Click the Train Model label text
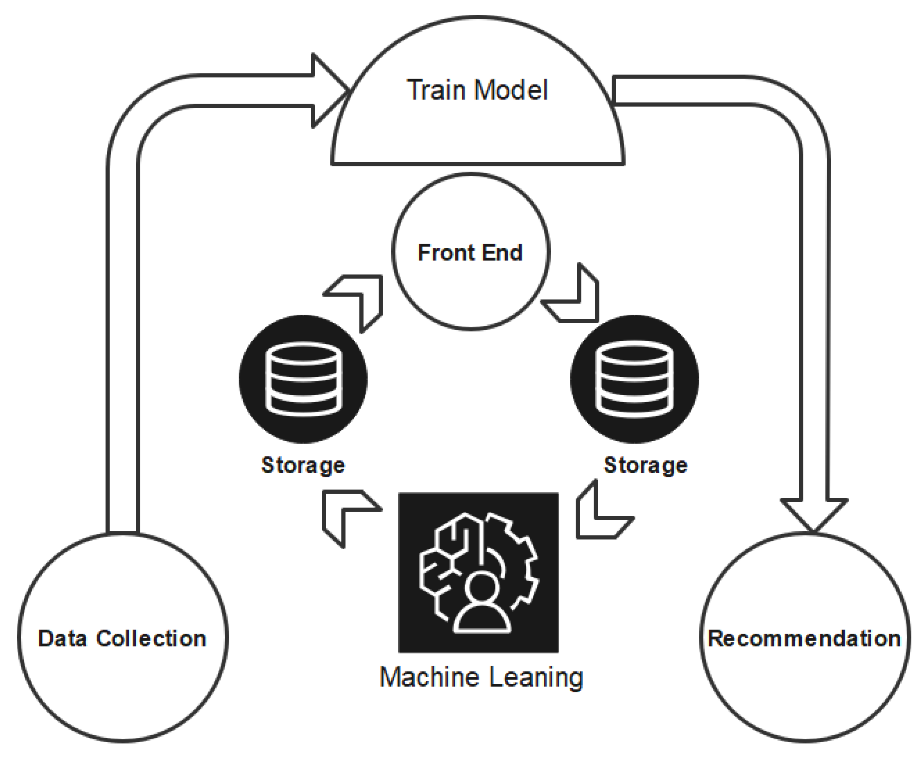click(477, 90)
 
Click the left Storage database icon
click(303, 379)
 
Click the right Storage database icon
click(634, 379)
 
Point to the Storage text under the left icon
click(303, 465)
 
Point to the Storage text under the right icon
click(645, 465)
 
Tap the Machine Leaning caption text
click(481, 677)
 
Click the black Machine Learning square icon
click(478, 572)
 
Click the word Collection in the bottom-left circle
click(151, 638)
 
